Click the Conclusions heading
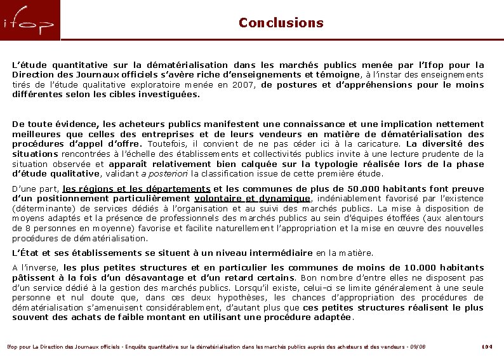coord(281,23)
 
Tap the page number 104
coord(487,346)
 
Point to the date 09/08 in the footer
coord(417,346)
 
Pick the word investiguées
coord(169,95)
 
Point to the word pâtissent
coord(34,277)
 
